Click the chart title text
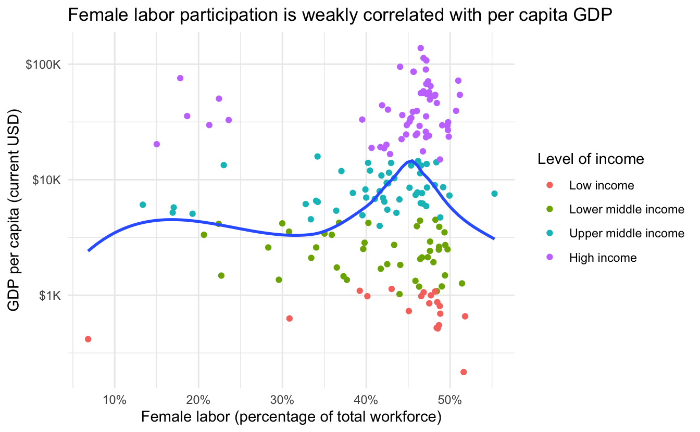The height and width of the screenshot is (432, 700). (x=340, y=15)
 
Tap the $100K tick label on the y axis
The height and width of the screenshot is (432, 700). (x=43, y=65)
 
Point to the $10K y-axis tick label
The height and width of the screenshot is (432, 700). (x=46, y=180)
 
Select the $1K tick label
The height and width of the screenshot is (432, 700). (x=49, y=296)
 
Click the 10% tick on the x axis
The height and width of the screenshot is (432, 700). (x=115, y=400)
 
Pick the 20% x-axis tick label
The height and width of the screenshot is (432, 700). (x=198, y=400)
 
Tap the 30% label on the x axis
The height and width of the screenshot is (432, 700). (x=282, y=400)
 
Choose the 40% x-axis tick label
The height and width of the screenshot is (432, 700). (x=366, y=400)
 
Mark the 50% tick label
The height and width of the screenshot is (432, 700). (x=450, y=400)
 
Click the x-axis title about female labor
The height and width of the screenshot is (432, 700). (x=291, y=417)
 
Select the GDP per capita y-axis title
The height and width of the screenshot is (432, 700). (x=14, y=210)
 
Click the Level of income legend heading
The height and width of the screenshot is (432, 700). (x=591, y=159)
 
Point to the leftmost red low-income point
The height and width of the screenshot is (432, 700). (x=88, y=339)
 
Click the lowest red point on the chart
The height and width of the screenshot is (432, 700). (x=464, y=372)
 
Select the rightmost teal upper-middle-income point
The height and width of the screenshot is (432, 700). (x=494, y=194)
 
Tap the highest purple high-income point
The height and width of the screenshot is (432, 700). (x=421, y=48)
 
